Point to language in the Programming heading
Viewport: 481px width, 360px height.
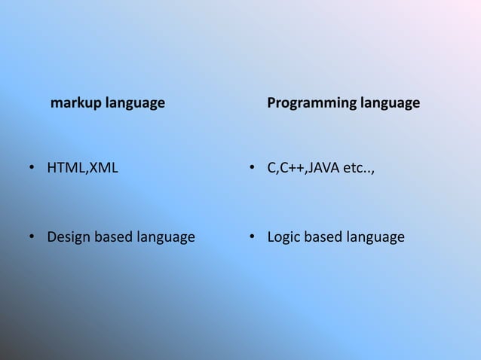tap(389, 103)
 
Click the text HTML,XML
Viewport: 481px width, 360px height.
tap(83, 168)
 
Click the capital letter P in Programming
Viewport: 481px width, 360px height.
tap(272, 102)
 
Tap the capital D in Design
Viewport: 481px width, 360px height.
tap(52, 238)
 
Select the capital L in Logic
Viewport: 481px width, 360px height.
tap(271, 238)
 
